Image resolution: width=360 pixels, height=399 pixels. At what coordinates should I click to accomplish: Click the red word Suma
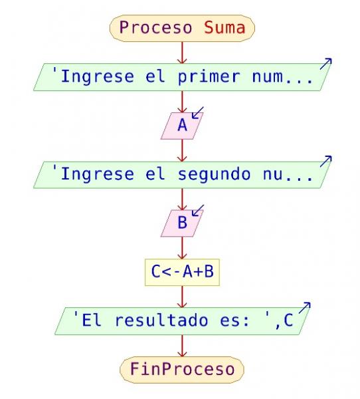tap(225, 27)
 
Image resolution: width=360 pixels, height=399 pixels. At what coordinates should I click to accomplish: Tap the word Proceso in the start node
tap(155, 28)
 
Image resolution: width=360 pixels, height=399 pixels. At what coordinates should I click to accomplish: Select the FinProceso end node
tap(182, 370)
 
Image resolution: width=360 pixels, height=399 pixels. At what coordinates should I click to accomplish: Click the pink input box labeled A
tap(182, 126)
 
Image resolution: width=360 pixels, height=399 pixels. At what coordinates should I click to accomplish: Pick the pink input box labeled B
tap(182, 223)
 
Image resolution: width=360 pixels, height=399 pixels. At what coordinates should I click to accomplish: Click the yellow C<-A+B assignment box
tap(182, 272)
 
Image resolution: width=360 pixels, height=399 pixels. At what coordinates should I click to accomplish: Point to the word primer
tap(209, 77)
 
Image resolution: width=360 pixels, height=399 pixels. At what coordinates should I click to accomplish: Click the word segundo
tap(214, 175)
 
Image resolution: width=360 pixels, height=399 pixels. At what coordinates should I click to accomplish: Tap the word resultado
tap(161, 320)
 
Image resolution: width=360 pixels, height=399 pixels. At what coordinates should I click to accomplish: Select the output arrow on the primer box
tap(325, 64)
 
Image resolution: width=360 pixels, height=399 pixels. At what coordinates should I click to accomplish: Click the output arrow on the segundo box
tap(325, 162)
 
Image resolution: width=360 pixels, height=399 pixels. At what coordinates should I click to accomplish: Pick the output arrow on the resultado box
tap(305, 308)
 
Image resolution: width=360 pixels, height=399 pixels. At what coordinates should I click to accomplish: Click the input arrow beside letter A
tap(197, 113)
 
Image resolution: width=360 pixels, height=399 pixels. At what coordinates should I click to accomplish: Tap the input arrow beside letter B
tap(197, 210)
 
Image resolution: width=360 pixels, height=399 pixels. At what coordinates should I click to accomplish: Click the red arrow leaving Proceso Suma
tap(182, 53)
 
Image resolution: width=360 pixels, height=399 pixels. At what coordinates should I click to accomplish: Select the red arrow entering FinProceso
tap(182, 346)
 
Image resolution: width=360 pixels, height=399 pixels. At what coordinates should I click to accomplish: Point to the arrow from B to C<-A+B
tap(182, 248)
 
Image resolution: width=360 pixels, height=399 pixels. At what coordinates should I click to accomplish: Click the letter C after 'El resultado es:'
tap(288, 320)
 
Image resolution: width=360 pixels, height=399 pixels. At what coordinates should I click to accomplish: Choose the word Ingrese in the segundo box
tap(98, 175)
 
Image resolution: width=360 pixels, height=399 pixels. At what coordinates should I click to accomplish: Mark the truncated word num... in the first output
tap(282, 77)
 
